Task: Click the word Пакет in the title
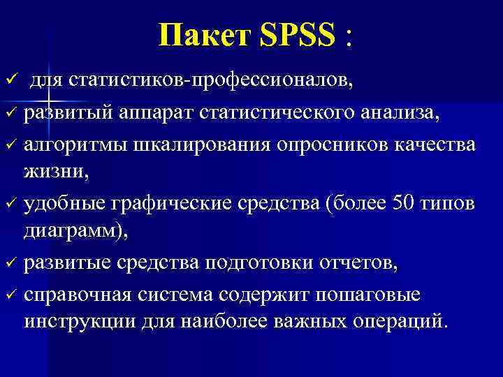203,36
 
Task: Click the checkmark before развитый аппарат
9,114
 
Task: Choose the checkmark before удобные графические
9,204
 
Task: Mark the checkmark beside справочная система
9,295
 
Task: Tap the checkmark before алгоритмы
9,144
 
